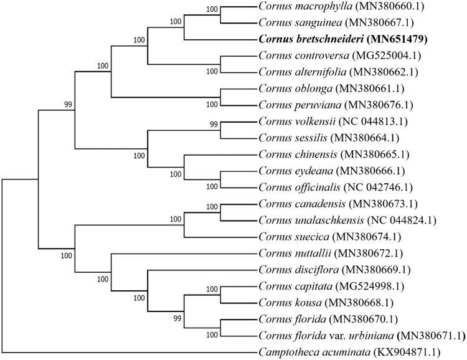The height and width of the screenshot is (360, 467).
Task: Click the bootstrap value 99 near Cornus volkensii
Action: pos(215,125)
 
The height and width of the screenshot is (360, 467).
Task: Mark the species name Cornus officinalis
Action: pos(291,187)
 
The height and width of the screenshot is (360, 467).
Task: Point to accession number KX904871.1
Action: pos(399,352)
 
